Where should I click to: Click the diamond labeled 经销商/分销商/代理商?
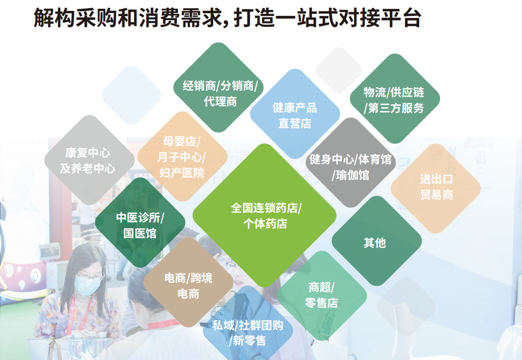pos(219,87)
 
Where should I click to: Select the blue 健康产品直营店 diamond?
pos(295,113)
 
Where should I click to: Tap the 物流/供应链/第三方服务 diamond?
pos(395,99)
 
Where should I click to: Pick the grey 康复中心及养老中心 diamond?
pos(89,160)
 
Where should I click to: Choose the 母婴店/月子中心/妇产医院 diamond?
pos(183,156)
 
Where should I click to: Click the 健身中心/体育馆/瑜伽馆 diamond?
pos(351,162)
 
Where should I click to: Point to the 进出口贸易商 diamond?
pos(435,188)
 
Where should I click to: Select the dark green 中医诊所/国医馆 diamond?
pos(140,222)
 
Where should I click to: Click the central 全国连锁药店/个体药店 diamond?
pos(265,215)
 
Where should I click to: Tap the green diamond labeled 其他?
pos(377,241)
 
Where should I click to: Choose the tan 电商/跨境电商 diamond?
pos(188,282)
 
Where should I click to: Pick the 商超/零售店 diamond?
pos(322,296)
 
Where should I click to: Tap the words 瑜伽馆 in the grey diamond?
pos(353,175)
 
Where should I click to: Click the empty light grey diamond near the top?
pos(339,70)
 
